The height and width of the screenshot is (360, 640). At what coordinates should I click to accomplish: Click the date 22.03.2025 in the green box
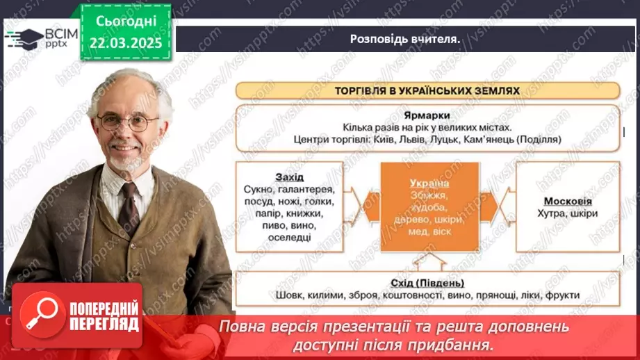tap(125, 42)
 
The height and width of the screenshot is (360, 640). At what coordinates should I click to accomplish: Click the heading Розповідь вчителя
tap(405, 39)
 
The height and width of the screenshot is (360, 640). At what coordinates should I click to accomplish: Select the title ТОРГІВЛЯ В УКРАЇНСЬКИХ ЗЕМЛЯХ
tap(427, 90)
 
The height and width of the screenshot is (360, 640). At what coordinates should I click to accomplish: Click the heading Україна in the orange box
tap(429, 183)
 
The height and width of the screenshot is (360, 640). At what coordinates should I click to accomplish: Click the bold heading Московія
tap(567, 202)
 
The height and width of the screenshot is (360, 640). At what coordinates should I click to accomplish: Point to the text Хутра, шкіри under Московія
tap(567, 214)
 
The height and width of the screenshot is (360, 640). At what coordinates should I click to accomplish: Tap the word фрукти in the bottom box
tap(563, 295)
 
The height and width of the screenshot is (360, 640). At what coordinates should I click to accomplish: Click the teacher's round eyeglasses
tap(128, 123)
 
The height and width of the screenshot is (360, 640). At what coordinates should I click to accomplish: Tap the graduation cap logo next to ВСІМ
tap(23, 37)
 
